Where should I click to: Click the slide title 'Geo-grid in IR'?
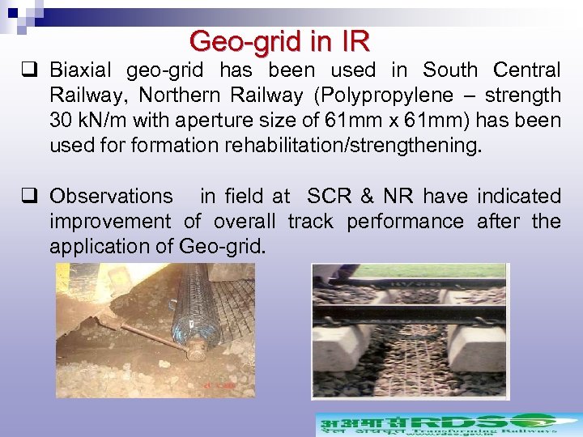point(279,40)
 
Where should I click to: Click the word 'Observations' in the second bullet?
point(111,196)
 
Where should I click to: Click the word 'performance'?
point(405,221)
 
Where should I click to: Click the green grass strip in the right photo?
point(453,270)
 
